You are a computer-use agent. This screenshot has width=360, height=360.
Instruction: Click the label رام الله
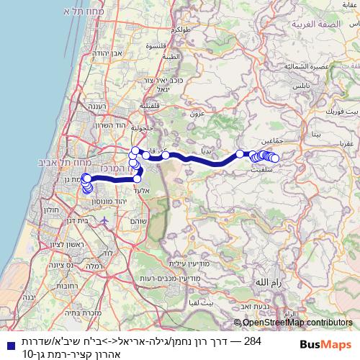click(x=268, y=284)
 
